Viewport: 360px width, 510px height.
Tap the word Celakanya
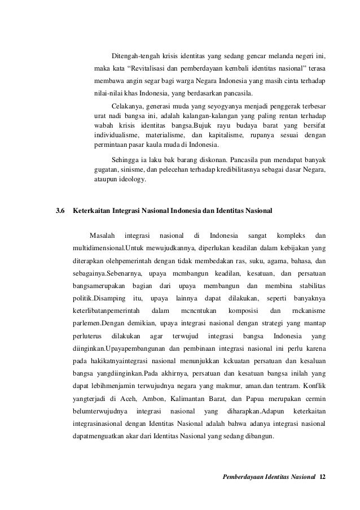click(x=128, y=106)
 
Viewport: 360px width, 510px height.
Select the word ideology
click(x=130, y=180)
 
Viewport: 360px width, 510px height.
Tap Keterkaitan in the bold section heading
click(x=93, y=211)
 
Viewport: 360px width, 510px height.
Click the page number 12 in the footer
click(x=322, y=478)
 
